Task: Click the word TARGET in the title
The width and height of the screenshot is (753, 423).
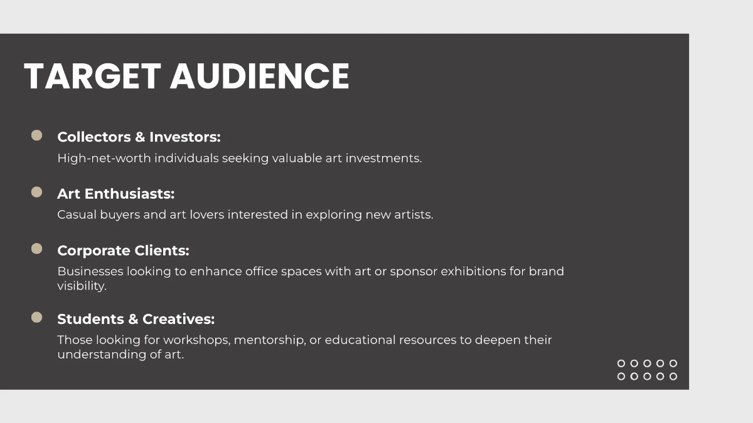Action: (92, 76)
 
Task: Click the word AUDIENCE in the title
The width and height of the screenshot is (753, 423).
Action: (259, 76)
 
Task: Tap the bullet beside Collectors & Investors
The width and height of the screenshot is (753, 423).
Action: (37, 135)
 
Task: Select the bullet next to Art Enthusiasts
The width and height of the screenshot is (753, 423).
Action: (37, 192)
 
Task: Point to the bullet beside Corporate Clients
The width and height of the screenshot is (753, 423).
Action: (37, 249)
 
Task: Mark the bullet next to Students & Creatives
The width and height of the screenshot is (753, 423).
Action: (37, 318)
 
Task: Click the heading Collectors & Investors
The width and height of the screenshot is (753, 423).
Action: (139, 137)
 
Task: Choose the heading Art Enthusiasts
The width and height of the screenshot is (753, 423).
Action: (115, 194)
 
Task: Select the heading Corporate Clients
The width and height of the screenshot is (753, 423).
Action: (123, 251)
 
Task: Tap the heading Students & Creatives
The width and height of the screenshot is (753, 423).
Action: (136, 319)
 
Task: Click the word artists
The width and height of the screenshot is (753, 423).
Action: (414, 214)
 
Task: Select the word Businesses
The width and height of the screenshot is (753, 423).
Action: (90, 271)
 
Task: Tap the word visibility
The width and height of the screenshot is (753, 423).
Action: (82, 286)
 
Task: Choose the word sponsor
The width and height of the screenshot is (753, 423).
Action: (413, 271)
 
